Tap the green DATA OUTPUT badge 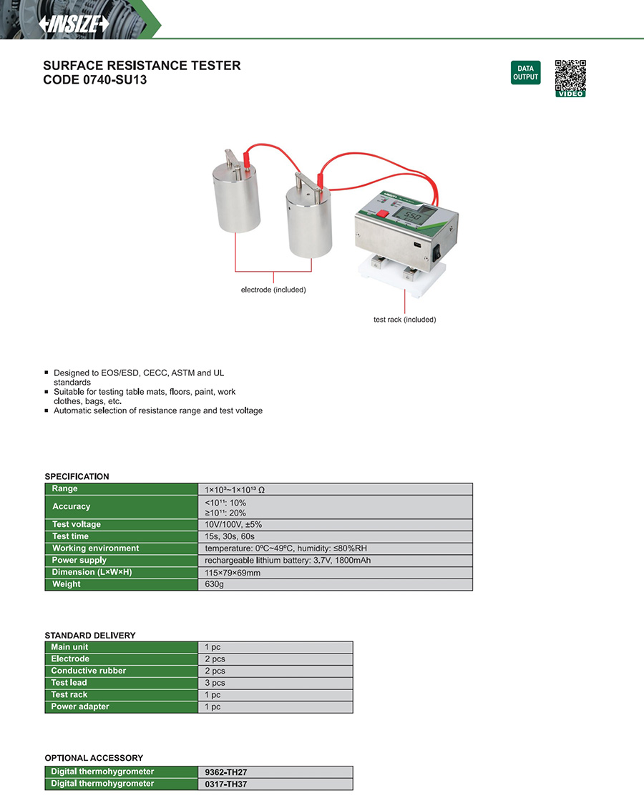(525, 73)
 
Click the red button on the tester (383, 213)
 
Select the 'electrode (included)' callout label (273, 290)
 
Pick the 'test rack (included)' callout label (404, 320)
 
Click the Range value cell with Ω (235, 490)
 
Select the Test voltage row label (77, 524)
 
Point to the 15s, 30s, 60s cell (230, 536)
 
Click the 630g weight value (215, 584)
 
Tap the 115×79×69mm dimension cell (233, 572)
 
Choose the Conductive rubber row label (88, 671)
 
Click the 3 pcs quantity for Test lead (215, 683)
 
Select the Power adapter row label (80, 706)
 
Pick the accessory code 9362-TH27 (226, 772)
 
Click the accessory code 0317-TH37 (226, 784)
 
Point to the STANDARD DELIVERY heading (90, 635)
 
